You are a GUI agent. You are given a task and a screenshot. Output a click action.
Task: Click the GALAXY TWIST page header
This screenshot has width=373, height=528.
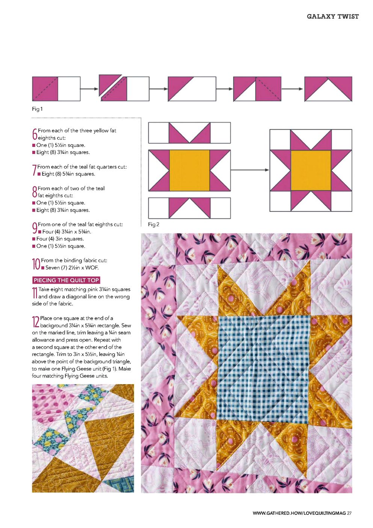[332, 17]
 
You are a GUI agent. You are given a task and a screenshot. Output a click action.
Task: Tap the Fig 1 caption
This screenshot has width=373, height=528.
[37, 109]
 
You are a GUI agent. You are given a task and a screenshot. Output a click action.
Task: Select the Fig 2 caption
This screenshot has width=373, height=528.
[154, 224]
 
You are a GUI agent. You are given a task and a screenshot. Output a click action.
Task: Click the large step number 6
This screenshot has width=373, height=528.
[35, 134]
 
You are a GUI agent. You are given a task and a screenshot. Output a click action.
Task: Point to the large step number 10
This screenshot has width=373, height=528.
[36, 264]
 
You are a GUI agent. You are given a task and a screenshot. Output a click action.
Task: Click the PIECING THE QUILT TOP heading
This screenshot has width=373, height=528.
[66, 280]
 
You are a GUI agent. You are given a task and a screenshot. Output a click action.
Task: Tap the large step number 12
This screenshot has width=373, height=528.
[36, 322]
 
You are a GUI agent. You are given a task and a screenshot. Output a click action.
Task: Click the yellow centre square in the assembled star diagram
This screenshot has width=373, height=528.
[311, 170]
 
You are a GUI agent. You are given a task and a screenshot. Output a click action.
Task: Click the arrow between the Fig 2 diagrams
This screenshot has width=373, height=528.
[249, 170]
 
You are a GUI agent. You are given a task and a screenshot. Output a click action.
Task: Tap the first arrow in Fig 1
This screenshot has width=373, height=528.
[89, 89]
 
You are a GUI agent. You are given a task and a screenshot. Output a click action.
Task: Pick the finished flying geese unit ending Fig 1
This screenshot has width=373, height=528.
[328, 89]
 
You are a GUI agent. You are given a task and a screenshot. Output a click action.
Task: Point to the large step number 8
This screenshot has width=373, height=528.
[35, 192]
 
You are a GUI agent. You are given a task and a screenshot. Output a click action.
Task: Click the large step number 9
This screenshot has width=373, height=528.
[35, 228]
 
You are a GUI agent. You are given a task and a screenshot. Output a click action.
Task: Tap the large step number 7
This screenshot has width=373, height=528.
[35, 170]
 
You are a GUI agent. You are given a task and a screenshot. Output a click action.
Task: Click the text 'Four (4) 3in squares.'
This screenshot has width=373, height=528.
[60, 239]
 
